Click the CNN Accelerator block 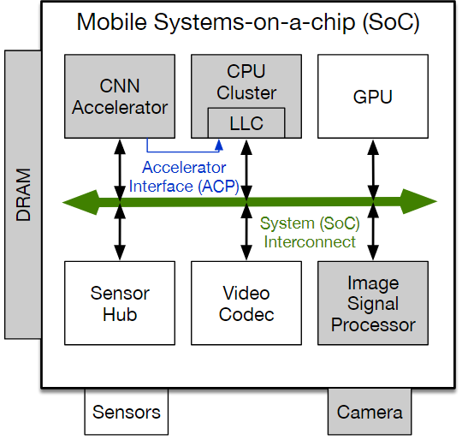119,96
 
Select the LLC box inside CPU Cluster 246,123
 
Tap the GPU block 373,96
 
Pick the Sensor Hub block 119,303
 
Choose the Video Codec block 246,303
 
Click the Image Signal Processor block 373,303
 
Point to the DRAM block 22,194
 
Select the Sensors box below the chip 126,412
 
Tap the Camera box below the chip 370,412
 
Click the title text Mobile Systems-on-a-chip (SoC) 248,22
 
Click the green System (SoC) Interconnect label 309,233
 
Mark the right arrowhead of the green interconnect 425,203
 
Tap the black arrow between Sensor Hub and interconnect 120,236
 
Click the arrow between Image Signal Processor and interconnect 373,236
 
